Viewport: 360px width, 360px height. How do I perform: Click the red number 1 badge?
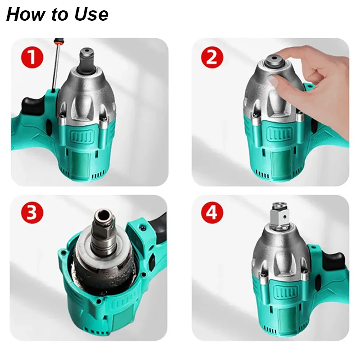[32, 57]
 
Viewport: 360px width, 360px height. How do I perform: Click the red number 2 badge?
[212, 57]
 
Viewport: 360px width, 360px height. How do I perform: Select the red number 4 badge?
[212, 213]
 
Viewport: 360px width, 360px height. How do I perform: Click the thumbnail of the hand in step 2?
[274, 82]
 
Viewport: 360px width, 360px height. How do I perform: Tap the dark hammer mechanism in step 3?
[103, 272]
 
